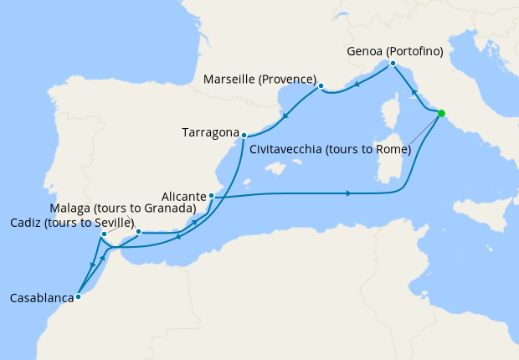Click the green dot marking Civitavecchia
[441, 113]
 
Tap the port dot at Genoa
[391, 64]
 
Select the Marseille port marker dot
[321, 85]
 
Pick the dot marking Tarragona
[244, 135]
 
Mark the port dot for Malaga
[139, 232]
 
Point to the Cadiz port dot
[104, 234]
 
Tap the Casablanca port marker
[78, 296]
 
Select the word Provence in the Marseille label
[287, 80]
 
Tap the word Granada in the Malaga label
[168, 208]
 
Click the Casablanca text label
[39, 296]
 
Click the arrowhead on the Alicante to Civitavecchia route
[347, 194]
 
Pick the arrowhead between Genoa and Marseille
[357, 83]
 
